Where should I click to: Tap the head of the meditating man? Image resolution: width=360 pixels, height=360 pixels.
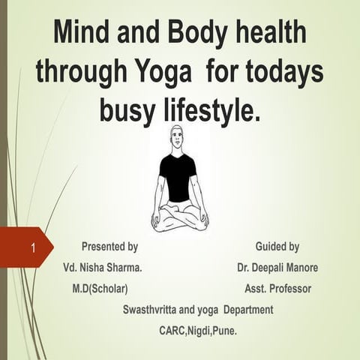(178, 139)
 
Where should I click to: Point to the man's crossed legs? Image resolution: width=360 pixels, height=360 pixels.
(179, 217)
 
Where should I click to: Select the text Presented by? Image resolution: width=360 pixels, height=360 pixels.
(109, 246)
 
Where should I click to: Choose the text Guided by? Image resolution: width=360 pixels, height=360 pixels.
(277, 246)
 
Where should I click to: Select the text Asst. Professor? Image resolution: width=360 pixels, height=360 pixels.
(278, 288)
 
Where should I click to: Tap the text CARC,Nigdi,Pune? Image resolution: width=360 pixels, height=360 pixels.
(198, 330)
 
